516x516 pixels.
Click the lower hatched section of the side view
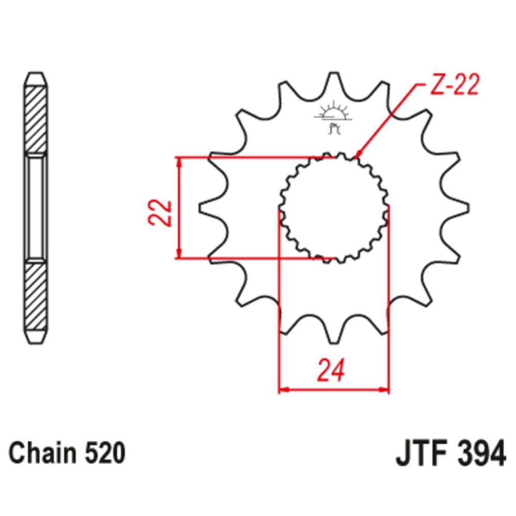click(x=36, y=297)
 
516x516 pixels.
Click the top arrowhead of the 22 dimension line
click(x=179, y=162)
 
